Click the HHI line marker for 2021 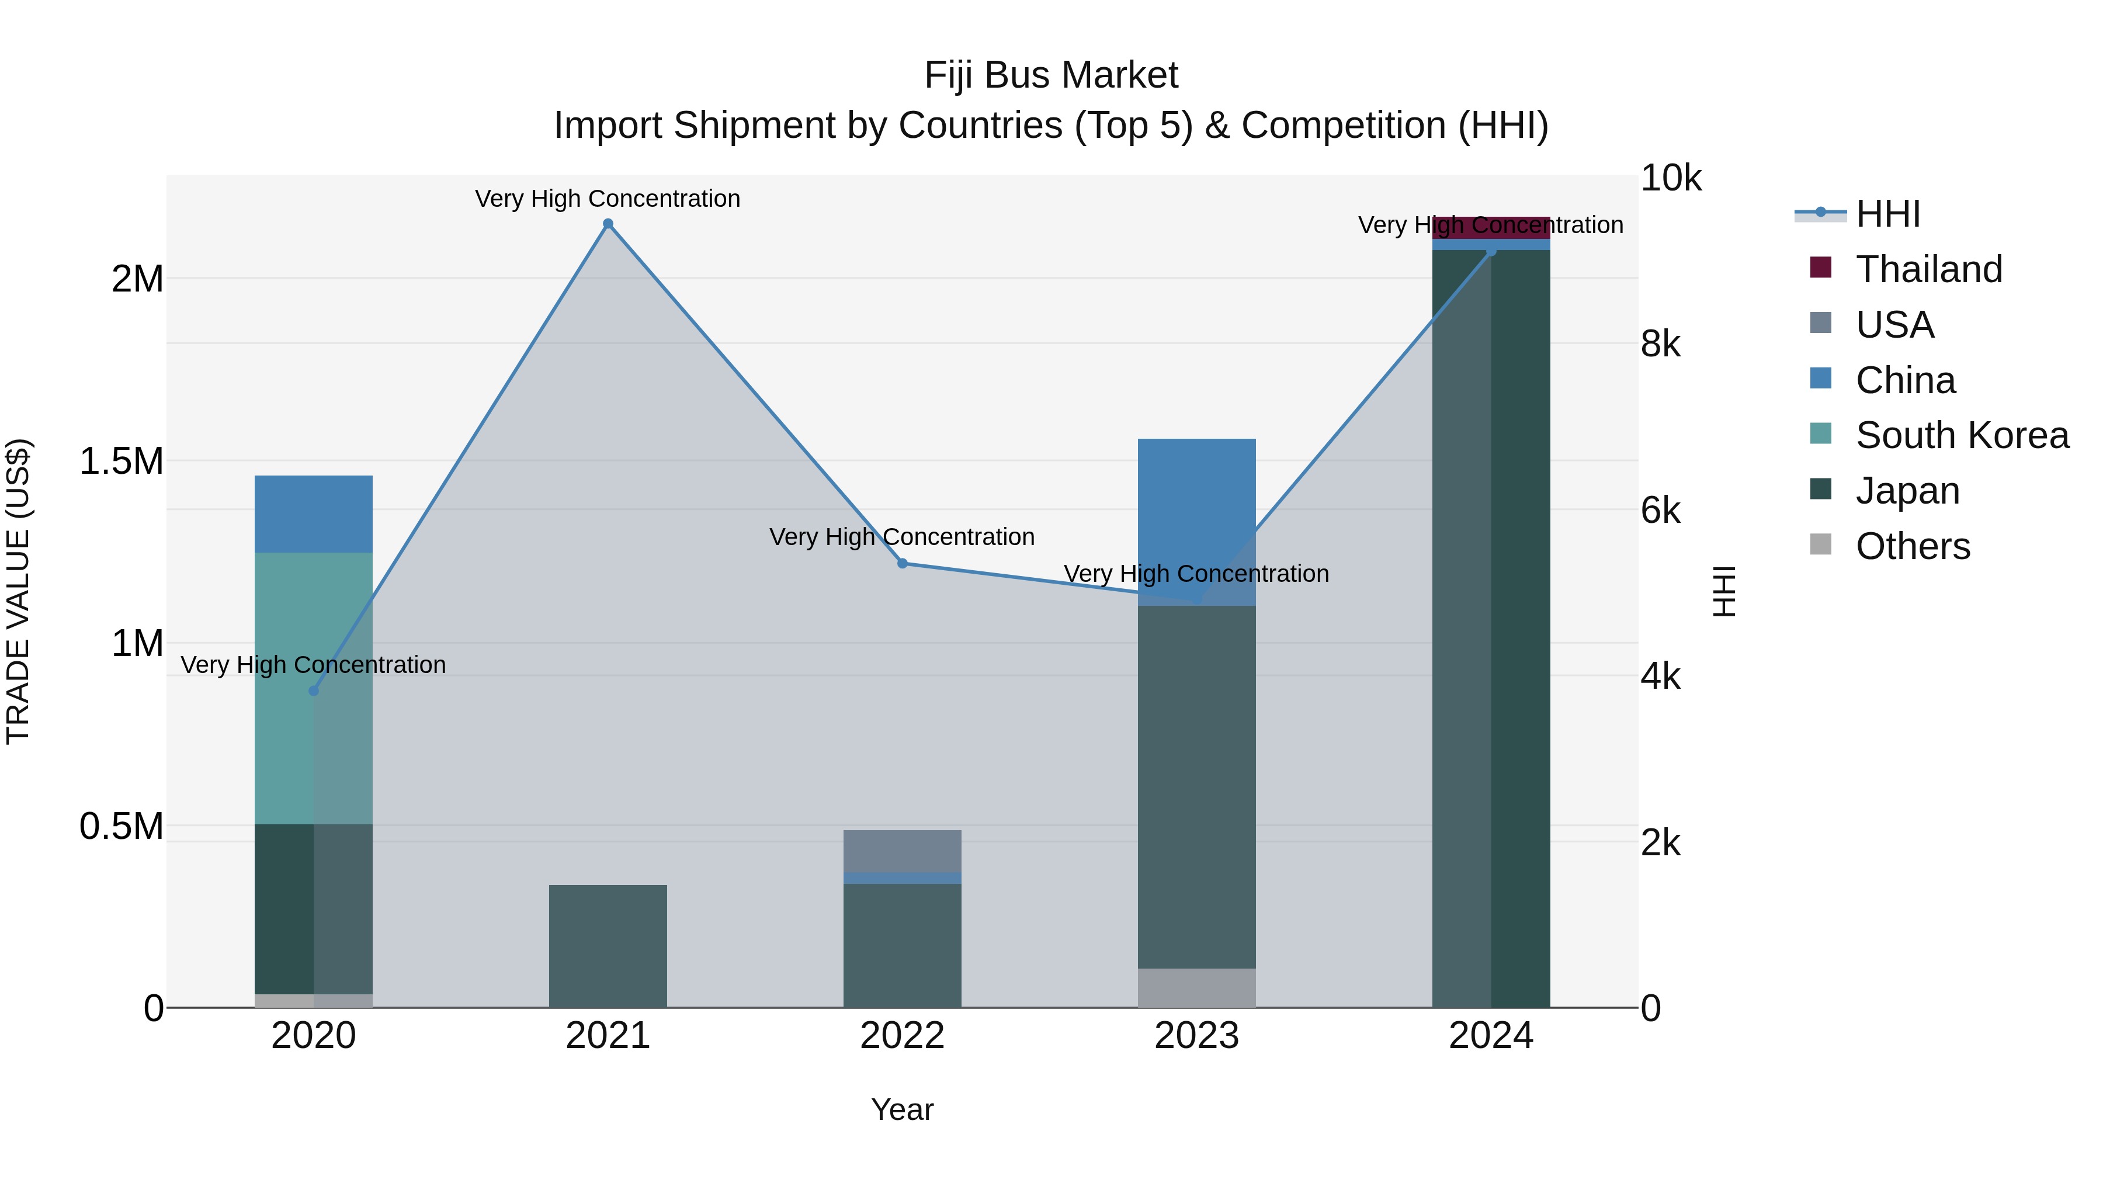(x=608, y=224)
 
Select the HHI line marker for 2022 (x=902, y=563)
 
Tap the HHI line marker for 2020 (x=314, y=691)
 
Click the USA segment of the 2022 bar (x=902, y=851)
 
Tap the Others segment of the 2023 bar (x=1197, y=988)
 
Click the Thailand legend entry (x=1928, y=269)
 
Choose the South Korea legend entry (x=1961, y=435)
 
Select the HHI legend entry (x=1887, y=214)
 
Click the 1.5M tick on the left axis (x=121, y=462)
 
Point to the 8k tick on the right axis (x=1661, y=345)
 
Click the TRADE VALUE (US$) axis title (x=18, y=591)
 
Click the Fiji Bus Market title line (x=1051, y=75)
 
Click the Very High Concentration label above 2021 (x=608, y=199)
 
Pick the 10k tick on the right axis (x=1670, y=178)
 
